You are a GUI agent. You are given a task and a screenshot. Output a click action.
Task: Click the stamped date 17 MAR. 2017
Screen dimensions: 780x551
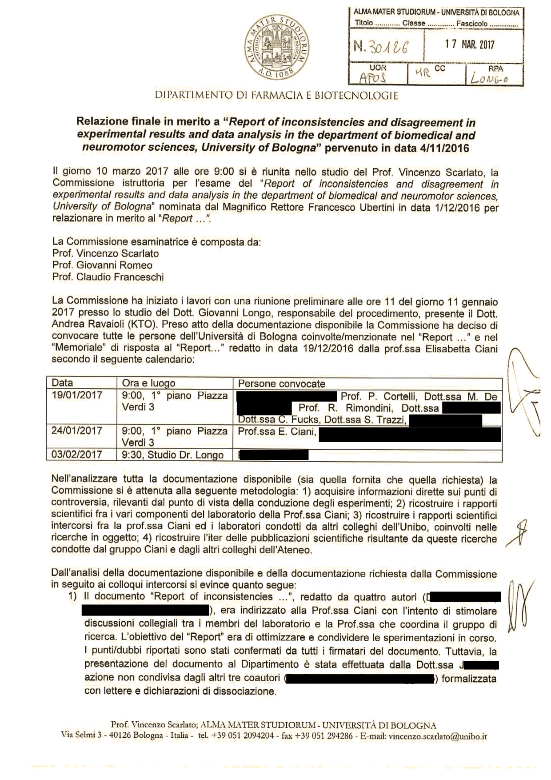pos(470,44)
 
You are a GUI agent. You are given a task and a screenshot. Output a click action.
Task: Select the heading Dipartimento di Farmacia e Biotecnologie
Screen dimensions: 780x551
pos(276,95)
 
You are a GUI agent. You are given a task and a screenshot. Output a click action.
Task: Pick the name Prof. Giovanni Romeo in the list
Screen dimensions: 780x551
pos(102,265)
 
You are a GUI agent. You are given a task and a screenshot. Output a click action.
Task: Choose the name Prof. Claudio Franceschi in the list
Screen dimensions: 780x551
pos(108,277)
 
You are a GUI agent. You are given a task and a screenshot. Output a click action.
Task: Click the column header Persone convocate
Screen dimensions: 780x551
pos(282,384)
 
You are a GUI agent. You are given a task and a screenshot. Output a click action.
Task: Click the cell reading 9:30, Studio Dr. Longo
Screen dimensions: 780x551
pos(173,455)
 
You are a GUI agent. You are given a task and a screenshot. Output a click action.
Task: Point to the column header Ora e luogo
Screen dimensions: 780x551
pos(148,383)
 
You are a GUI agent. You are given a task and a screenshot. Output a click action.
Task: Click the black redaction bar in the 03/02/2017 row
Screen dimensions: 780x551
pos(274,454)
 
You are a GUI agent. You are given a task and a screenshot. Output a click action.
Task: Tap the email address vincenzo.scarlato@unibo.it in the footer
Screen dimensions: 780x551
pos(438,736)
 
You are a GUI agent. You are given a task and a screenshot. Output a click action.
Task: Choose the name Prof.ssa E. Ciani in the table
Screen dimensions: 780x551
pos(276,431)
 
